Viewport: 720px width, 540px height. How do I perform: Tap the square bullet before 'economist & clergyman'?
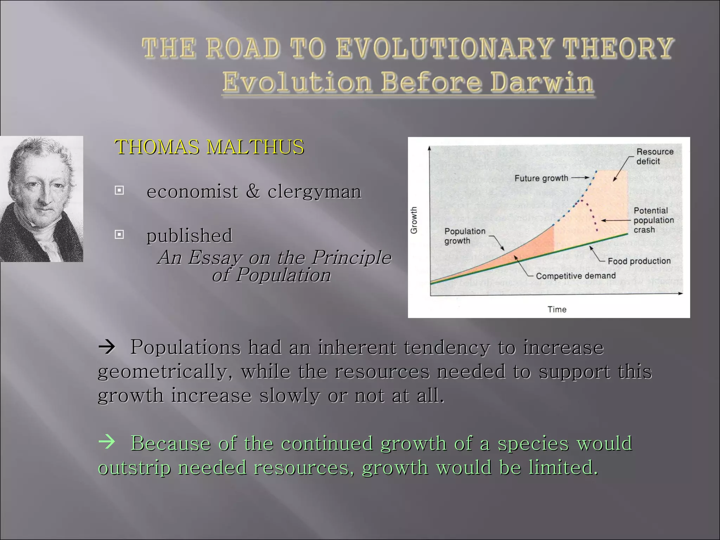(x=120, y=191)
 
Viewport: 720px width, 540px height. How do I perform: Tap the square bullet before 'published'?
(x=120, y=234)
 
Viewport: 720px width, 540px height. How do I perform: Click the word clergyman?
(x=314, y=192)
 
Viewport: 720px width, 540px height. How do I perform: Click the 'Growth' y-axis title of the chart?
(x=414, y=220)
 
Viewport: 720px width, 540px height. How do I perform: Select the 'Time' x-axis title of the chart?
(x=557, y=309)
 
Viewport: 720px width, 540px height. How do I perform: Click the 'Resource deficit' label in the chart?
(x=655, y=156)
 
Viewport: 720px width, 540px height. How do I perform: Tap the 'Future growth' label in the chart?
(x=541, y=178)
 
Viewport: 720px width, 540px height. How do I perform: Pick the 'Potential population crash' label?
(x=653, y=220)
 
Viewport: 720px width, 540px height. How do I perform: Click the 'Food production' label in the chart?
(x=639, y=261)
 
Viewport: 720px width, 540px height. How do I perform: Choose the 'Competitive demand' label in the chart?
(x=576, y=276)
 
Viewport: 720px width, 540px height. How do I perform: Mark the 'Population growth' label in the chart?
(x=464, y=236)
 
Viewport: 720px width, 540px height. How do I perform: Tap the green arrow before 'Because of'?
(x=107, y=442)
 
